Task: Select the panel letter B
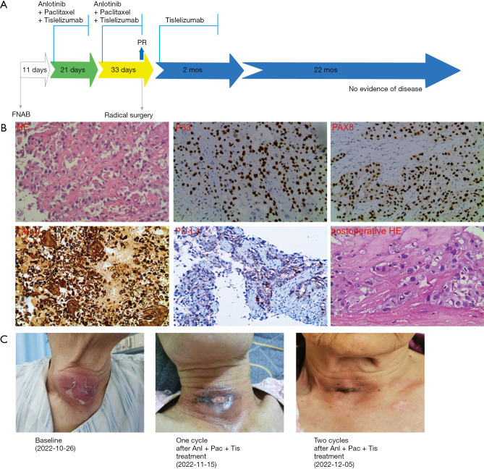click(x=6, y=126)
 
